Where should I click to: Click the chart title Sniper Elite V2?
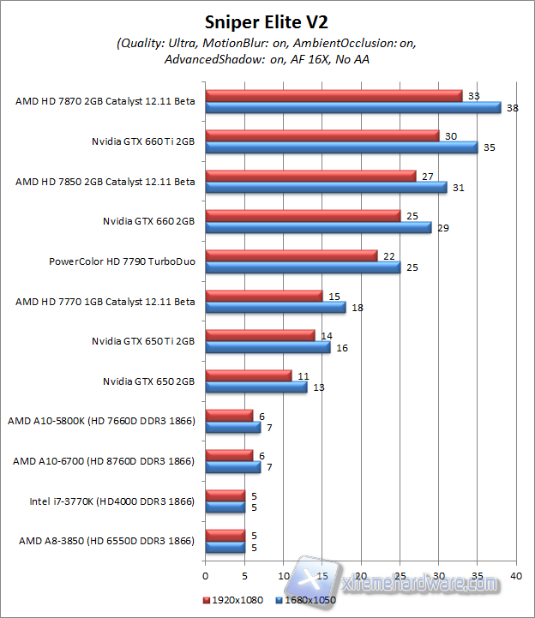[x=266, y=21]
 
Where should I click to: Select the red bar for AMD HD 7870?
[x=334, y=95]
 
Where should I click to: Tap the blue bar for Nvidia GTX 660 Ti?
[x=341, y=147]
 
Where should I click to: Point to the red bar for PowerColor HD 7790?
[x=292, y=255]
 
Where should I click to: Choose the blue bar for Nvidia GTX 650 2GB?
[x=256, y=387]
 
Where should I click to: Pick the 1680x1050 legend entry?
[x=305, y=599]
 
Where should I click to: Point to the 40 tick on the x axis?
[x=516, y=575]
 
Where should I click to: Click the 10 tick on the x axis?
[x=284, y=575]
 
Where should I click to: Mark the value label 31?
[x=458, y=188]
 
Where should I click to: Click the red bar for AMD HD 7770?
[x=264, y=296]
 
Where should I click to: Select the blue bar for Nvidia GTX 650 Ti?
[x=267, y=347]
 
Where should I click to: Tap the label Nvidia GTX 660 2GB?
[x=148, y=221]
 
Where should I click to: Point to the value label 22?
[x=388, y=256]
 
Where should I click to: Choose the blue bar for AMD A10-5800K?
[x=233, y=427]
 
